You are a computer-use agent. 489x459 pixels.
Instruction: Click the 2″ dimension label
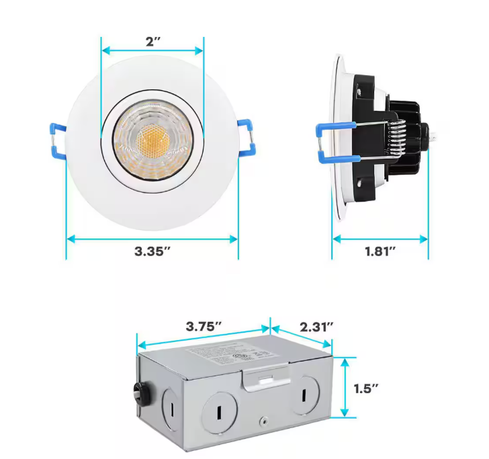(152, 41)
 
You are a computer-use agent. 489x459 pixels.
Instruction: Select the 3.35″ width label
(152, 252)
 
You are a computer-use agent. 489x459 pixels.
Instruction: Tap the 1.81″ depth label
(380, 252)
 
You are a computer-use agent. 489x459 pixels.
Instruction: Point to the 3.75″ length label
(204, 327)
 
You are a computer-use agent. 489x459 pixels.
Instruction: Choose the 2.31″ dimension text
(316, 327)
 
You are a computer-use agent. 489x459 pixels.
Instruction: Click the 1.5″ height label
(366, 388)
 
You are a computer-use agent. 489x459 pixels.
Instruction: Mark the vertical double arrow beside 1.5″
(346, 388)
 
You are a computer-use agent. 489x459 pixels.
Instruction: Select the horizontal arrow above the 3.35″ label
(152, 237)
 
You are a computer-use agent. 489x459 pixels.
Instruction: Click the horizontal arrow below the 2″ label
(152, 51)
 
